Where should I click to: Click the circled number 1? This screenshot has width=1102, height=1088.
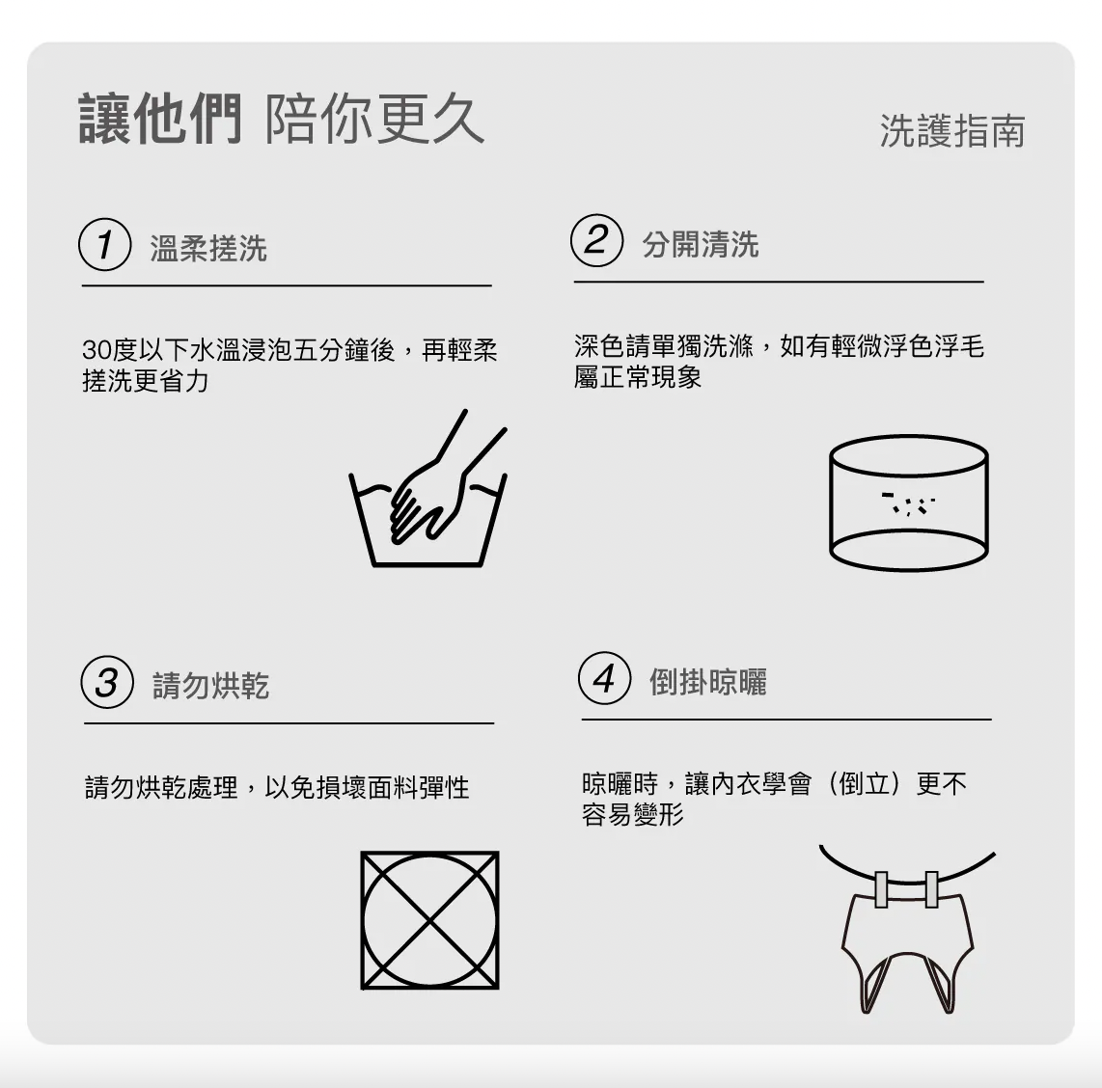(x=105, y=244)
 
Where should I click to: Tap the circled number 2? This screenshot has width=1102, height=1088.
(x=596, y=240)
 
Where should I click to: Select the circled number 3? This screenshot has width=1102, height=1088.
(x=107, y=682)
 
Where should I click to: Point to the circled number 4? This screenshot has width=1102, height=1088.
(x=604, y=678)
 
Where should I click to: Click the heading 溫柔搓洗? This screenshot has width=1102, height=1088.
(x=208, y=248)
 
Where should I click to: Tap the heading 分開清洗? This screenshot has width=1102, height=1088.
(x=701, y=244)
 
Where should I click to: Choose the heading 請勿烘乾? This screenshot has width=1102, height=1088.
(x=210, y=686)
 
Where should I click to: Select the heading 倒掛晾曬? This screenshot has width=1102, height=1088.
(x=707, y=681)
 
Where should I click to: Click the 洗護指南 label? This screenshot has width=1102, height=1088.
(x=952, y=130)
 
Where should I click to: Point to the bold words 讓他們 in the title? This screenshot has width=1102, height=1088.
(x=160, y=119)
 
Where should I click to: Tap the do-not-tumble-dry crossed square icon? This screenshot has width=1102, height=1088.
(x=429, y=920)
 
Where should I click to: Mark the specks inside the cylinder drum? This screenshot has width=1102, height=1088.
(x=908, y=503)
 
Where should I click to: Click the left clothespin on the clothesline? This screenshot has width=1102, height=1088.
(x=881, y=889)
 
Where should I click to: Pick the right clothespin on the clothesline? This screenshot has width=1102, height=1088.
(x=932, y=889)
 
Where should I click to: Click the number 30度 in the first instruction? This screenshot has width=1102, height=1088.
(x=109, y=349)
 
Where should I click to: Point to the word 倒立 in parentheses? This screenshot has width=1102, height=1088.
(x=866, y=783)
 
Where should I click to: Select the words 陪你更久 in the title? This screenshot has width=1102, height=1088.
(x=374, y=119)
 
